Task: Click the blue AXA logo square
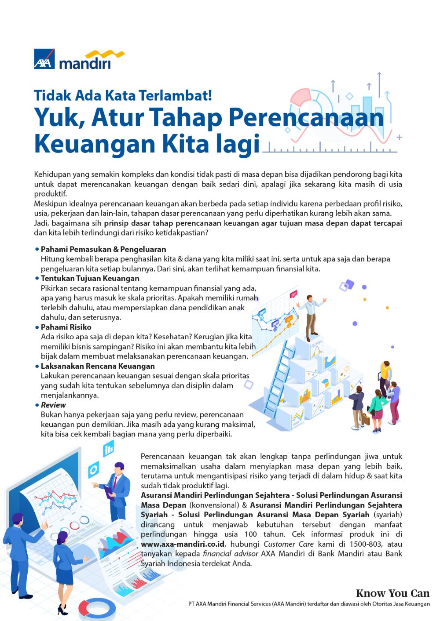tap(44, 60)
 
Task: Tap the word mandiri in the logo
tap(85, 63)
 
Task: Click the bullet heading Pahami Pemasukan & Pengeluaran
tap(103, 249)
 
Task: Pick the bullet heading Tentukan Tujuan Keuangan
tap(90, 278)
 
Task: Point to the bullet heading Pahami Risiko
tap(66, 327)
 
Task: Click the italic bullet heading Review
tap(53, 405)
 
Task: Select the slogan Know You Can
tap(392, 593)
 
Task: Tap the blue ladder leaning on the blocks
tap(275, 373)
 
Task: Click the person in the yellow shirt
tap(385, 378)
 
